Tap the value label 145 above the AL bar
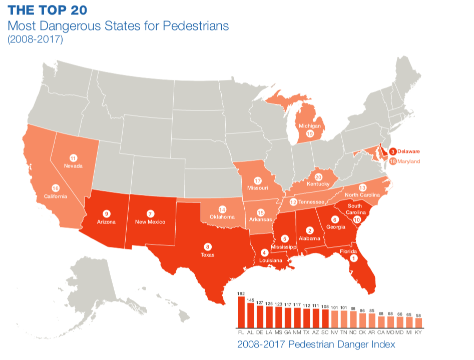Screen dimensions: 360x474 250,300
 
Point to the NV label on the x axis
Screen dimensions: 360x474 334,331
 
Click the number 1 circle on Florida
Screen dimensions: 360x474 354,258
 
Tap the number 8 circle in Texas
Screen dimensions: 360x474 208,246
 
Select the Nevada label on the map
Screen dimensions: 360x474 73,165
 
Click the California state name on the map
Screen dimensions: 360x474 56,196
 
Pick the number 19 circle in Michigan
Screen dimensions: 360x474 310,134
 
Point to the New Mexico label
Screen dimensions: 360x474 150,221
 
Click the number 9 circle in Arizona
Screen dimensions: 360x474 106,212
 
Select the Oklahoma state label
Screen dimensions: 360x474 222,217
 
